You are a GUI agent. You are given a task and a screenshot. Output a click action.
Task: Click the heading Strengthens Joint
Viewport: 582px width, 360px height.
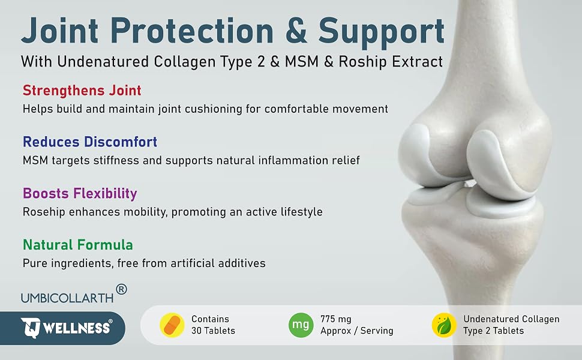(x=82, y=91)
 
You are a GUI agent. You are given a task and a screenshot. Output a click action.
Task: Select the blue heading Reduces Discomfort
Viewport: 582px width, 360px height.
(x=90, y=142)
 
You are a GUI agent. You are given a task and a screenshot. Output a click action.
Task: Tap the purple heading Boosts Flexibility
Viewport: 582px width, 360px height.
(x=80, y=193)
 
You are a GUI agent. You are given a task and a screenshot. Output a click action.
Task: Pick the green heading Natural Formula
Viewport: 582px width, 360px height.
(x=78, y=245)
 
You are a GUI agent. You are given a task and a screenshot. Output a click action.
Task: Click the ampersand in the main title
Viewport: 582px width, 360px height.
(x=296, y=31)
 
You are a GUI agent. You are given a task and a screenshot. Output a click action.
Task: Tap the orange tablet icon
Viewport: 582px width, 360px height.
(x=172, y=325)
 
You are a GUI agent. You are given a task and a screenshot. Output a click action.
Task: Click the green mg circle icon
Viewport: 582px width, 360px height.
(x=301, y=325)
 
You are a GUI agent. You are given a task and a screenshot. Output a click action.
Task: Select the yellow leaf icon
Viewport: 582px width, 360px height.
(x=444, y=325)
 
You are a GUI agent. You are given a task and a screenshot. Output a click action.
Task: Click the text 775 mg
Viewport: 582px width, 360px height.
(x=335, y=319)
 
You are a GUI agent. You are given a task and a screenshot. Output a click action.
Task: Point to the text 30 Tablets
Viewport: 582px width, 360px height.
(x=213, y=331)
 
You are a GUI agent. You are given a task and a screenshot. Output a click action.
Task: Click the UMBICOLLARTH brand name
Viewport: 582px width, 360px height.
(x=67, y=298)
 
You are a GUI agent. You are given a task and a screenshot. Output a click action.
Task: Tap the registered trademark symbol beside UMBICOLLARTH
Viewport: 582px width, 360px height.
(x=121, y=289)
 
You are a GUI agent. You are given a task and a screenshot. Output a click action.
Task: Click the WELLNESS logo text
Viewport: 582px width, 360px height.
(x=76, y=328)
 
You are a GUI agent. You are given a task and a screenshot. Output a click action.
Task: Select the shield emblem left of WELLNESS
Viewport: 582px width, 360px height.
(x=31, y=328)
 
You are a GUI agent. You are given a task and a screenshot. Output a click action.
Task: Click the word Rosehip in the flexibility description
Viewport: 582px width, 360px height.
(x=44, y=212)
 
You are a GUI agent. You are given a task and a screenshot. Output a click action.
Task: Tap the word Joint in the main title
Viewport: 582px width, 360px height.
(x=60, y=31)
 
